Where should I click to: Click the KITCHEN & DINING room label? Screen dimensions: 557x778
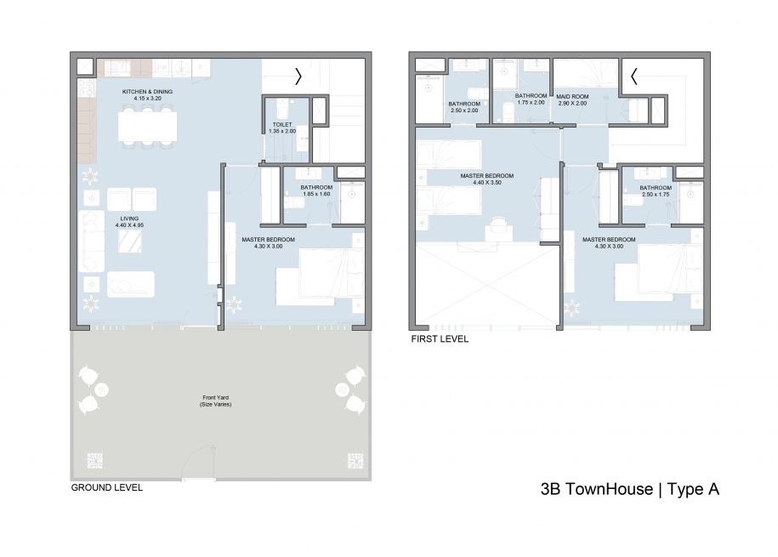(146, 90)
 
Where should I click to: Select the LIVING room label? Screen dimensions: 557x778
(129, 219)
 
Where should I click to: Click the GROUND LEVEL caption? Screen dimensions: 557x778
(106, 488)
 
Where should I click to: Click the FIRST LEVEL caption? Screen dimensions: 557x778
(440, 338)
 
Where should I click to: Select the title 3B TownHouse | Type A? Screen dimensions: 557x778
(630, 489)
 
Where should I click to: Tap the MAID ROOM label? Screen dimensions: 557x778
(572, 96)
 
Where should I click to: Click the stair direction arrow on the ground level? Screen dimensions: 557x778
(298, 77)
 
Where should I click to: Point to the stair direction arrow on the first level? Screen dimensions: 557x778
(633, 77)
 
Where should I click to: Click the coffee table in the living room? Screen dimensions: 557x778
(130, 244)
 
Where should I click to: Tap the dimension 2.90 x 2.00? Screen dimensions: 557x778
(572, 103)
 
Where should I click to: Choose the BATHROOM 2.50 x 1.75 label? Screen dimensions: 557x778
(656, 191)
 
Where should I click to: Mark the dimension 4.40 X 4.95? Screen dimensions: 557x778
(129, 226)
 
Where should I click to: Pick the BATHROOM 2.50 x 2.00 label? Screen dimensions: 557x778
(464, 107)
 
